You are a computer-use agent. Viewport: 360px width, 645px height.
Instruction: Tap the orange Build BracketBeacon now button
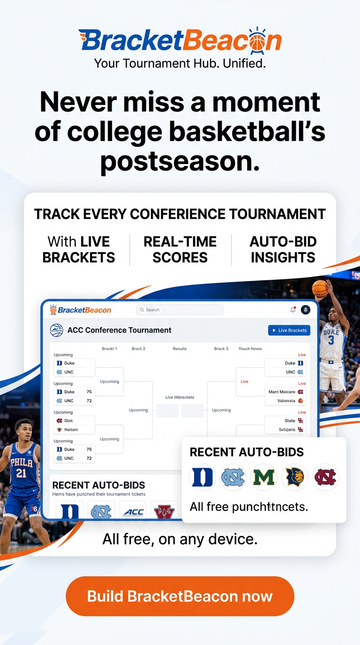pos(180,596)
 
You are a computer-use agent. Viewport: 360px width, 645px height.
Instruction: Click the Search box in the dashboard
pos(180,310)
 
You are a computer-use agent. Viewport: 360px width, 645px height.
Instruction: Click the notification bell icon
pos(293,310)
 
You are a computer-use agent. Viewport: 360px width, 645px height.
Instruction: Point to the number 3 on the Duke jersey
pos(331,340)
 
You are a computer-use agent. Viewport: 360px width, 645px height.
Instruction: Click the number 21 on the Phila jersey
pos(21,473)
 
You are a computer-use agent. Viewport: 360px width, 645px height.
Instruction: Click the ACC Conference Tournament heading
pos(119,330)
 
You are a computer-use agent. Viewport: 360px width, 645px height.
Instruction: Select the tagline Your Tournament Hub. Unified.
pos(180,63)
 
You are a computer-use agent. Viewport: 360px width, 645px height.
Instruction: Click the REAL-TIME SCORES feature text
pos(180,249)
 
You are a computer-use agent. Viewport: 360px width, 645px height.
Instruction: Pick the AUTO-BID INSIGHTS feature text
pos(283,249)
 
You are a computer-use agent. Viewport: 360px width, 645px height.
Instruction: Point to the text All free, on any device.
pos(180,539)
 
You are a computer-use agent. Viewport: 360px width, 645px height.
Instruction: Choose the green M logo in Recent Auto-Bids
pos(264,477)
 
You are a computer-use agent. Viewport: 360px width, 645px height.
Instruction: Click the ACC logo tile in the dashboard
pos(133,512)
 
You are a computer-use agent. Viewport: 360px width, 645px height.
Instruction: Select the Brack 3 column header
pos(221,349)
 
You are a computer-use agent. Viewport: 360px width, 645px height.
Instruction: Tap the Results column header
pos(180,349)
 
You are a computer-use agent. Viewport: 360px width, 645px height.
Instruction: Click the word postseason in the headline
pos(180,161)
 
